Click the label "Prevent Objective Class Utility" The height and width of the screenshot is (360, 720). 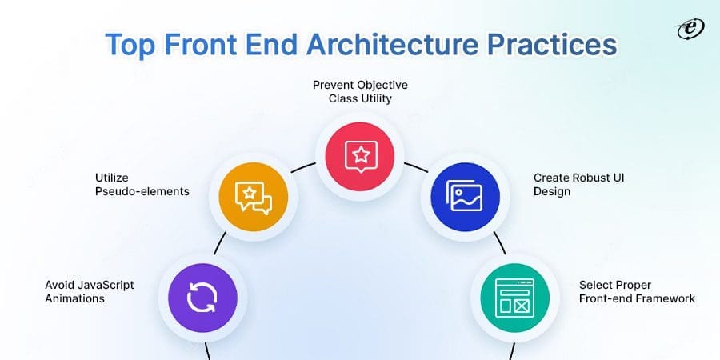click(x=360, y=91)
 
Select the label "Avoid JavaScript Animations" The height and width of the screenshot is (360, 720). click(x=90, y=291)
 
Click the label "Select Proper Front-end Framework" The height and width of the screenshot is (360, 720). click(x=637, y=291)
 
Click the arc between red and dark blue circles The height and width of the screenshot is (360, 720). click(x=414, y=169)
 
